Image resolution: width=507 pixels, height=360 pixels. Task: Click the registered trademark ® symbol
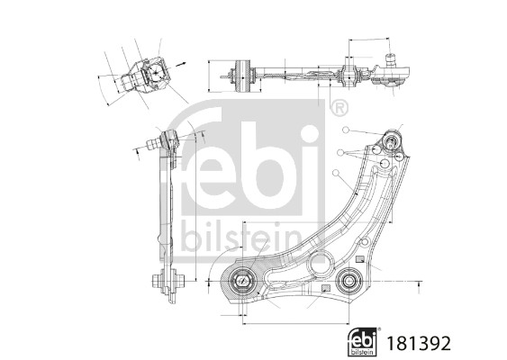click(338, 109)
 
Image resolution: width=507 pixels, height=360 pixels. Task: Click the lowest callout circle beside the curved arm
click(334, 171)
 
